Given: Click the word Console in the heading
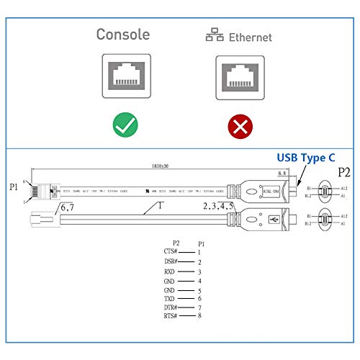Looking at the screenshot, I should [x=123, y=35].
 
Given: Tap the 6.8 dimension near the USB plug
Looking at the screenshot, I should [x=283, y=173].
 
